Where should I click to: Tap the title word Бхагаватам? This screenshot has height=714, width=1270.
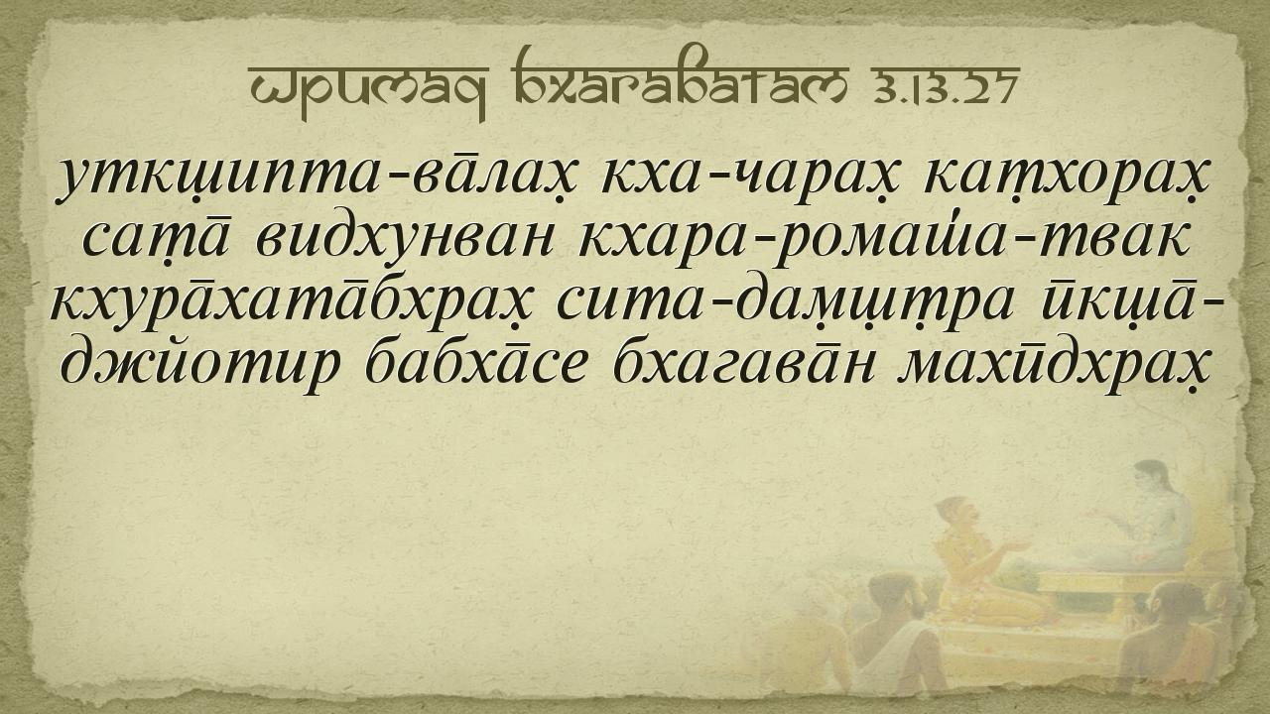[x=681, y=81]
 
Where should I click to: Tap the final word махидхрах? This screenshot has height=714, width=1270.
[x=1056, y=366]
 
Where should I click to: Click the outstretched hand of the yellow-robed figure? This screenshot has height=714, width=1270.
[x=1018, y=546]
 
